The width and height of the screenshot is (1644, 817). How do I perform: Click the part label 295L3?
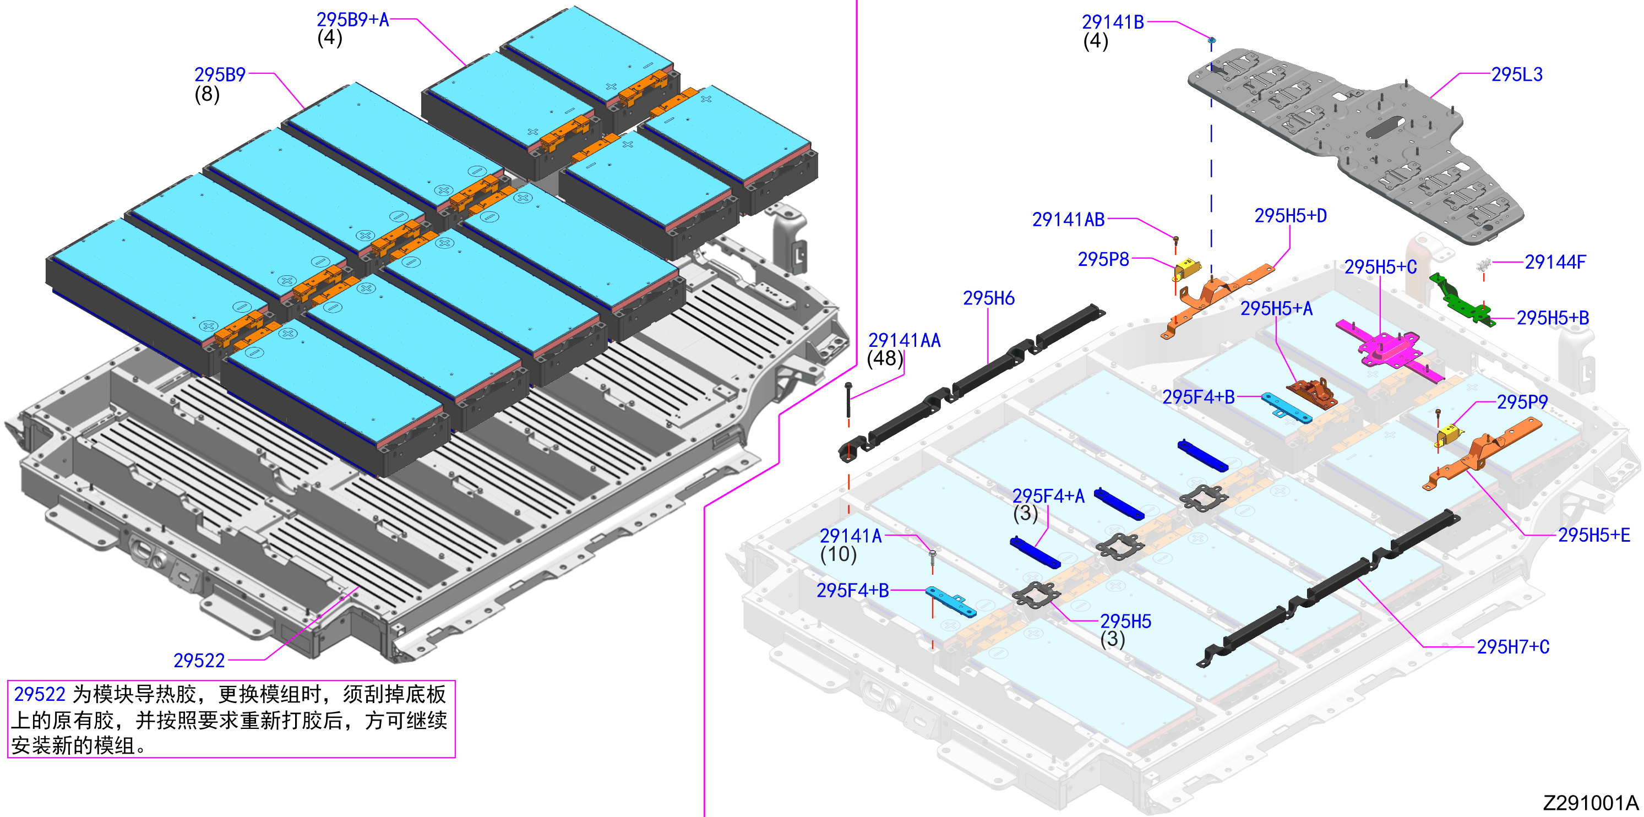(x=1516, y=75)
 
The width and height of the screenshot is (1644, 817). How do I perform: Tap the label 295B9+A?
(x=353, y=20)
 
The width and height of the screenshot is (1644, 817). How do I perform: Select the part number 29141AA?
(x=905, y=340)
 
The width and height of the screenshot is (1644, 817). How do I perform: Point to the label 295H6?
(x=989, y=298)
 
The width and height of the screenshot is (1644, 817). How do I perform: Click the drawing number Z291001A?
(x=1591, y=802)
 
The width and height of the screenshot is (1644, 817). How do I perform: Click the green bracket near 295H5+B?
(x=1461, y=299)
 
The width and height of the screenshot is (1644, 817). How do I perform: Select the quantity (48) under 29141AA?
(x=885, y=359)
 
